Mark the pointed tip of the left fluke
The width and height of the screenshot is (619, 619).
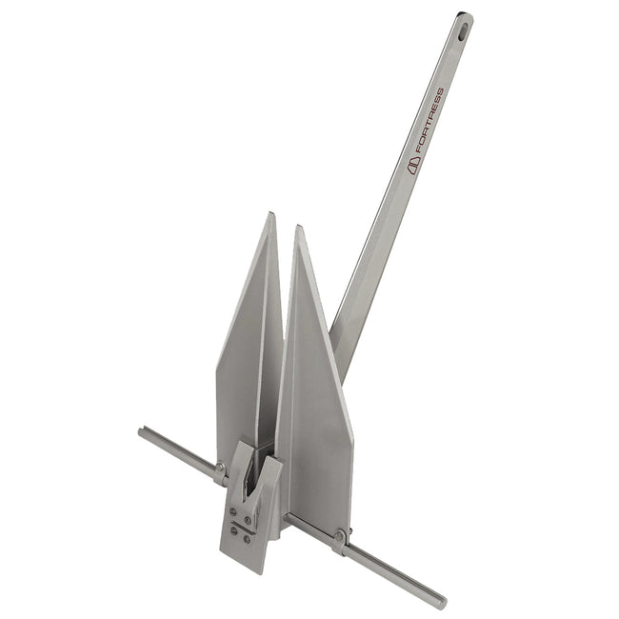click(272, 215)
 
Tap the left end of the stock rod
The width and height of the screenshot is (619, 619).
click(142, 431)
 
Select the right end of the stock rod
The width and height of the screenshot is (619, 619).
click(441, 602)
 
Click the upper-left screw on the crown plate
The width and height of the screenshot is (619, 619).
click(233, 512)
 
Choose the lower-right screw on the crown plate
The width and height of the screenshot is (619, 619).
click(246, 539)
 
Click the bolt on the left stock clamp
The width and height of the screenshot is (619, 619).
click(221, 468)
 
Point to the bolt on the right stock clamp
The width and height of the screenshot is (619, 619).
click(340, 537)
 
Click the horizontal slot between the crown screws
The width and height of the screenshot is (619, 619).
click(239, 526)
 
